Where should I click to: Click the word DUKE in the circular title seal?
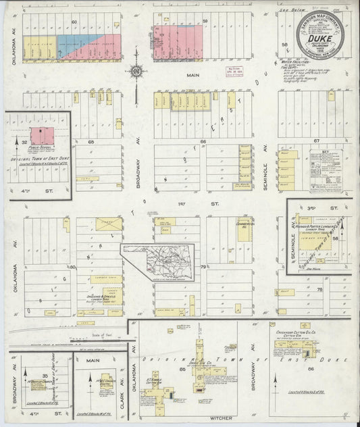(x=309, y=39)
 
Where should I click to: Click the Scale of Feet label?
(x=102, y=326)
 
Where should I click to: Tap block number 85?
(x=182, y=370)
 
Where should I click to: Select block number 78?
(x=321, y=289)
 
